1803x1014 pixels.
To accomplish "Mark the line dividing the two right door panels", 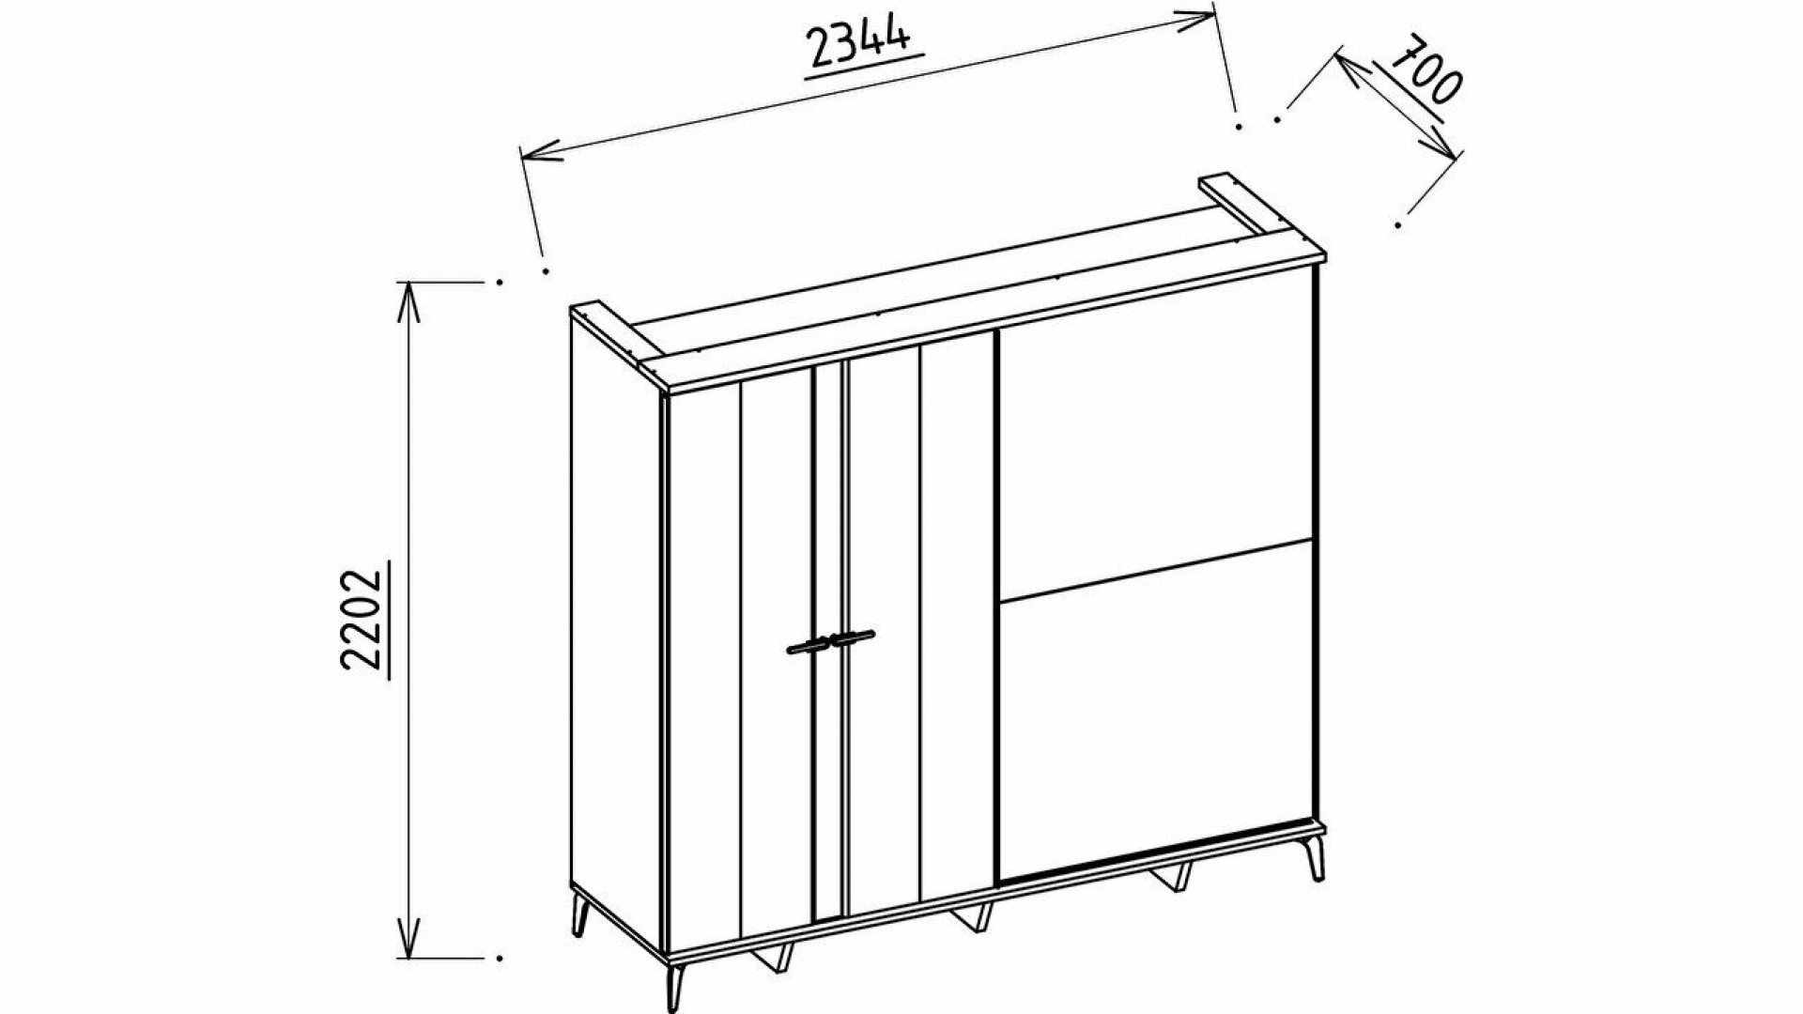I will pyautogui.click(x=1150, y=567).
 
